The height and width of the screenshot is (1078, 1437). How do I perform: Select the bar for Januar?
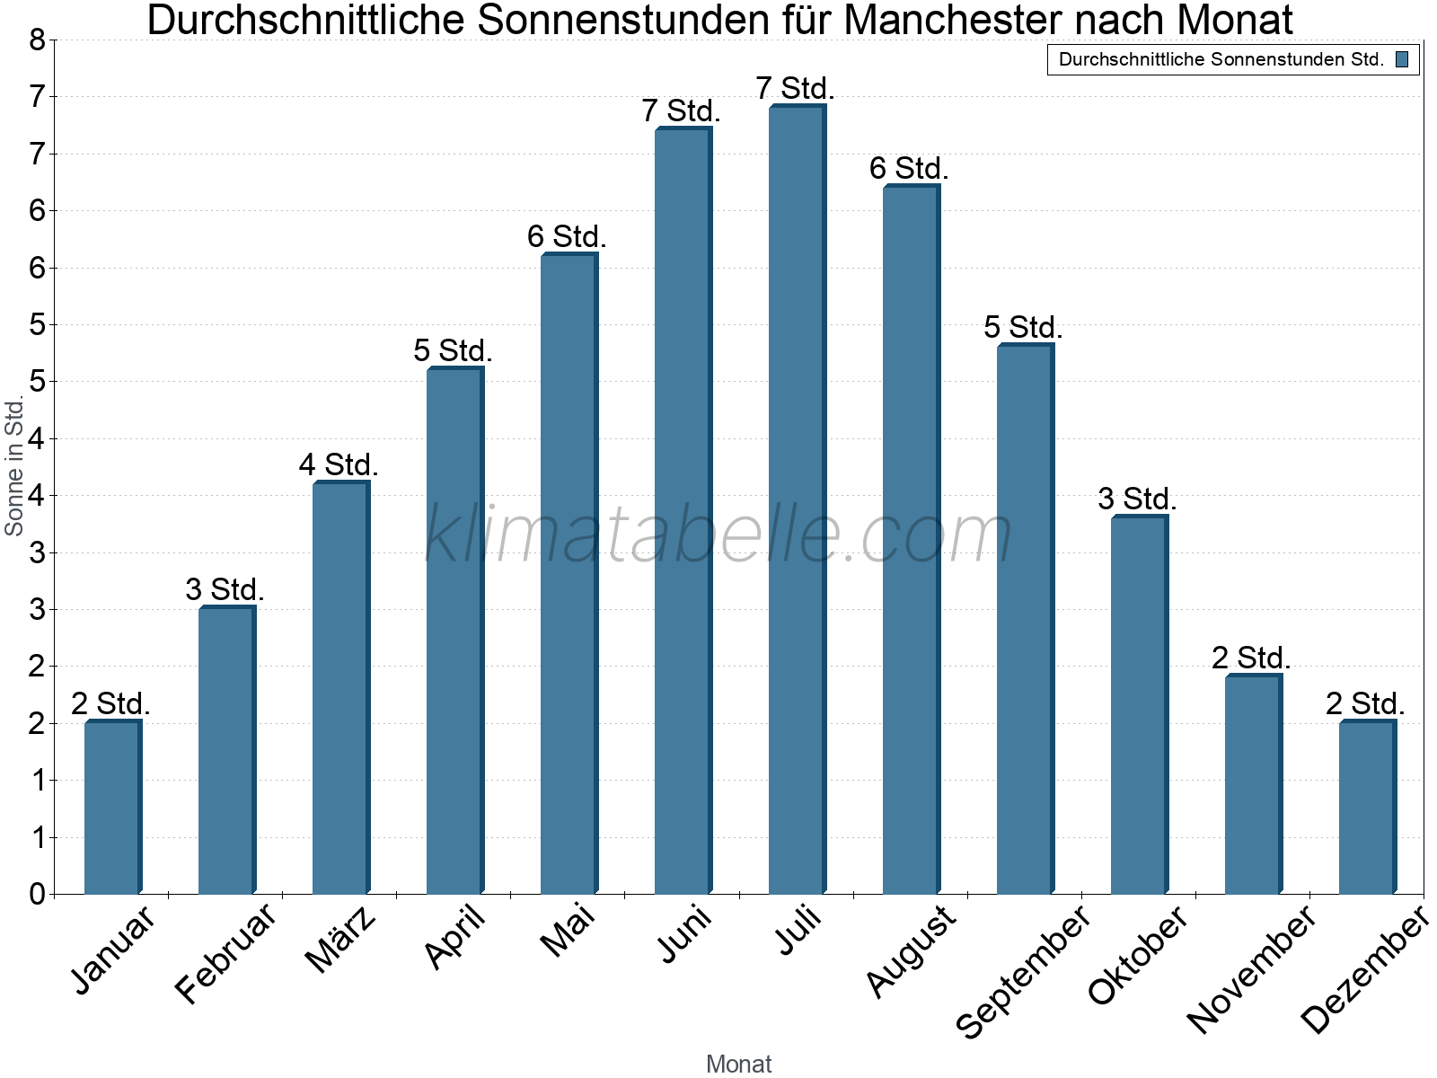point(112,808)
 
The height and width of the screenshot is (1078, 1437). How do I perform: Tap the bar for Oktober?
point(1139,704)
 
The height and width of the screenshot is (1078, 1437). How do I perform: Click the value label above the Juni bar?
point(682,111)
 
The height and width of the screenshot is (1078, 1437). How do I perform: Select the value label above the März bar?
point(339,465)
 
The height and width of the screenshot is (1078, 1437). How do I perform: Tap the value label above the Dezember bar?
point(1365,703)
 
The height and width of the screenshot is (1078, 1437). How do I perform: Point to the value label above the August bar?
point(909,169)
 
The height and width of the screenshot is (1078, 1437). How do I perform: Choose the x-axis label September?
point(1024,970)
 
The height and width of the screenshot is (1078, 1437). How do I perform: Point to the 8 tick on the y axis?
point(37,40)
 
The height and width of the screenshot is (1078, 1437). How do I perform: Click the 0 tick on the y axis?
point(37,894)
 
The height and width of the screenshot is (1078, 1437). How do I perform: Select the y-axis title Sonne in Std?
point(14,467)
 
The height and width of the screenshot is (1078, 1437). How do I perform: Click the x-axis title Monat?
point(738,1064)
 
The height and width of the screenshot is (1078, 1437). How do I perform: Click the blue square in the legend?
point(1401,60)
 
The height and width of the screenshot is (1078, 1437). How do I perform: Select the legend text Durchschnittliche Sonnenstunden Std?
point(1221,60)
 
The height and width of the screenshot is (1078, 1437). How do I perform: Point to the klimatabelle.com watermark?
point(718,535)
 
